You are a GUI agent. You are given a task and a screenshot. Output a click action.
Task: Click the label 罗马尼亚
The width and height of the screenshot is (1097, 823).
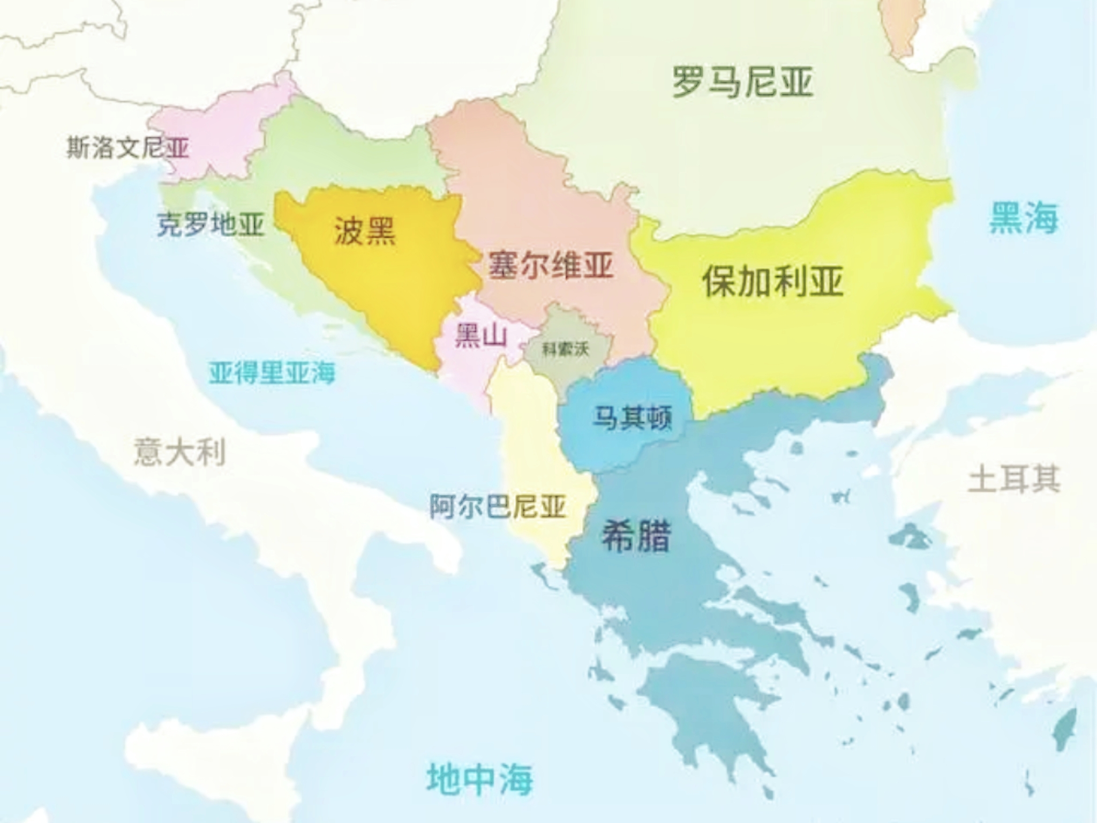[743, 82]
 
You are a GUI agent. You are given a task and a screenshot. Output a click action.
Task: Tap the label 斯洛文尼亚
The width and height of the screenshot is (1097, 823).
[127, 147]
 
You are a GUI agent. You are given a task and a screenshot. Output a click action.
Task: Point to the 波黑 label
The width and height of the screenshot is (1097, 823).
[365, 231]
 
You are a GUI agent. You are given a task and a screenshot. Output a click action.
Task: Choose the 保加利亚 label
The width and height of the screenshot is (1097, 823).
[773, 282]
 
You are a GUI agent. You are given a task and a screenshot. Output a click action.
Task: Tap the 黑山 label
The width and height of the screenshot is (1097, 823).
[480, 336]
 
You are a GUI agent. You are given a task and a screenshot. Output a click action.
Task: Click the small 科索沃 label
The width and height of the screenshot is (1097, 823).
[565, 349]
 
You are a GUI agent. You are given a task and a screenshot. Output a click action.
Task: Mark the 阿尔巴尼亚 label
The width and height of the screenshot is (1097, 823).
[498, 506]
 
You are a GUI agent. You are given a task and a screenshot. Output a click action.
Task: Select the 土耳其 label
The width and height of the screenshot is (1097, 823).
[1014, 478]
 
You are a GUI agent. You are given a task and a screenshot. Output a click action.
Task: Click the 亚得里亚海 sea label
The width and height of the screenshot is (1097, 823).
[272, 372]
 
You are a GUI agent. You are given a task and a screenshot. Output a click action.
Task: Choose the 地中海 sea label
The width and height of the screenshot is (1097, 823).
[479, 779]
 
